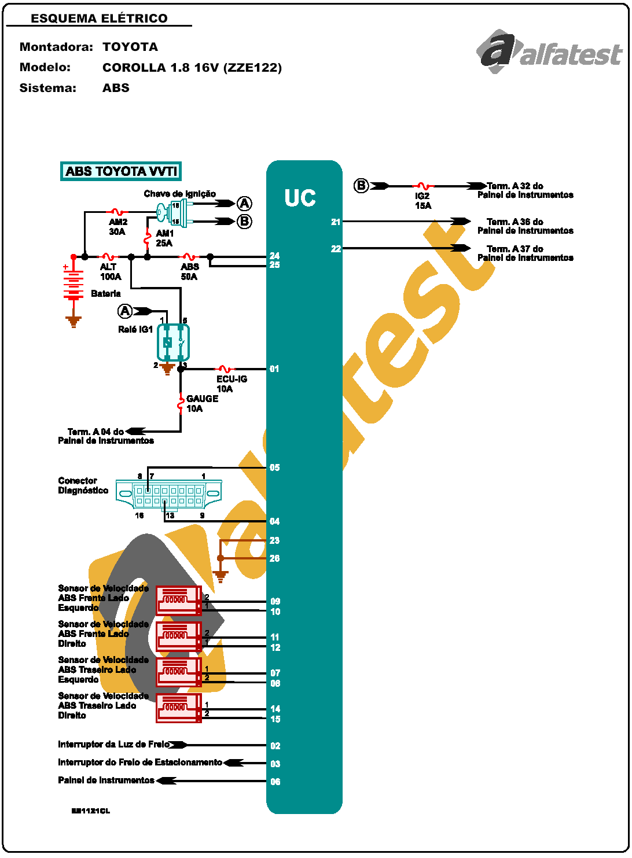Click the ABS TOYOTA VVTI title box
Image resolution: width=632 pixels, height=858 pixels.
coord(121,171)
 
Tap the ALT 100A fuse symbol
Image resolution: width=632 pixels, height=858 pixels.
coord(108,256)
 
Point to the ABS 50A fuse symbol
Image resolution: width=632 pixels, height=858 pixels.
coord(189,256)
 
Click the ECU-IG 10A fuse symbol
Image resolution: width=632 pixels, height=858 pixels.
coord(225,369)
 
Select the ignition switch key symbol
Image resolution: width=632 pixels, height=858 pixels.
coord(172,213)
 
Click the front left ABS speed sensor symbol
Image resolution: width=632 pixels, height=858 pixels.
coord(178,600)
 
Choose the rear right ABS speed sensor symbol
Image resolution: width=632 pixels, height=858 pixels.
coord(178,708)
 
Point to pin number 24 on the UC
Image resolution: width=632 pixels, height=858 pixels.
coord(274,256)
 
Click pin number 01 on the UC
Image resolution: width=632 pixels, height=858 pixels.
coord(274,369)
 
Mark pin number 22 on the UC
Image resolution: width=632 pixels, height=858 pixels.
coord(336,249)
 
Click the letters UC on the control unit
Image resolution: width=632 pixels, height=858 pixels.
coord(300,198)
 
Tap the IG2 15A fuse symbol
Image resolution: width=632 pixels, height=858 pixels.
coord(422,186)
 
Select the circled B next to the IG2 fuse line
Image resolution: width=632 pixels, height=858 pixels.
coord(361,186)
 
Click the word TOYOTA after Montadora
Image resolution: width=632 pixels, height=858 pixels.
coord(130,47)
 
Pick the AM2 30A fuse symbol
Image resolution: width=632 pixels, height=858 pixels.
coord(117,212)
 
